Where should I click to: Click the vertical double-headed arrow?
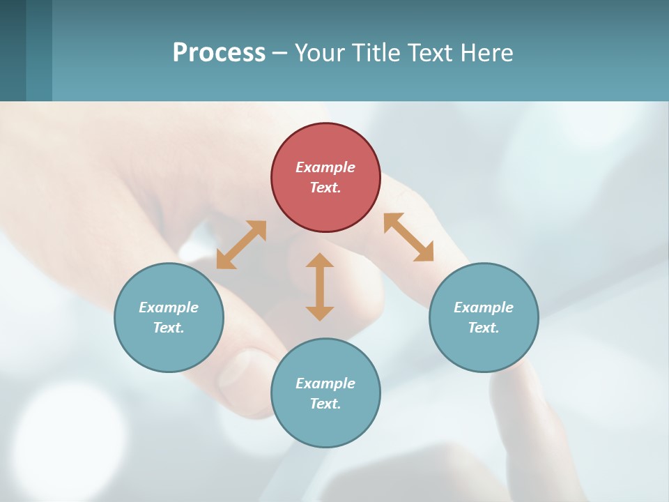coord(320,287)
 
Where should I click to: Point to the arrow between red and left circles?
coord(241,245)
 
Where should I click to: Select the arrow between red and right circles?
coord(408,237)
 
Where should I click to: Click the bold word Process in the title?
coord(219,52)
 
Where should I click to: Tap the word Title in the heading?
coord(377,52)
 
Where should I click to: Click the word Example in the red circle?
coord(325,167)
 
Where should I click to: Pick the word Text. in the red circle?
coord(325,188)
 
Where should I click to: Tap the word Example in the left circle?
coord(169,307)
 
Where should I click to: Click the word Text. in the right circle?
coord(484,328)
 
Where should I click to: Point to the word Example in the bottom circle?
coord(325,383)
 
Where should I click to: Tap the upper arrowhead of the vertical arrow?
coord(320,261)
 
